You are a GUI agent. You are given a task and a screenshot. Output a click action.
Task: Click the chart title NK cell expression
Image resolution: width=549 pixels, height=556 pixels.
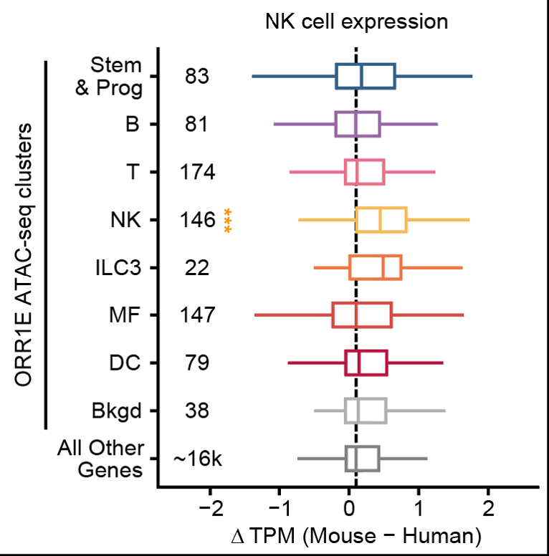(x=356, y=21)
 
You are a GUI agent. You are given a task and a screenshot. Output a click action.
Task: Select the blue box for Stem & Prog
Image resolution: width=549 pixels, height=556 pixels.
(x=366, y=77)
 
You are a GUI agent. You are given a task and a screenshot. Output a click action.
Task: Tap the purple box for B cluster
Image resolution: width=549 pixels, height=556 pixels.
(x=358, y=124)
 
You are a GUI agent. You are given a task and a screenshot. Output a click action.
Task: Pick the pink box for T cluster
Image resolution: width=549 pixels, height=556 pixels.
(x=365, y=172)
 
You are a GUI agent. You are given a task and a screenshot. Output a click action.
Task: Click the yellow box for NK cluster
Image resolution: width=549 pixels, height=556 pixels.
(x=381, y=220)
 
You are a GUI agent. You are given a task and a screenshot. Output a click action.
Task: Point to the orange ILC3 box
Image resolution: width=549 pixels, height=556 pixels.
(x=376, y=267)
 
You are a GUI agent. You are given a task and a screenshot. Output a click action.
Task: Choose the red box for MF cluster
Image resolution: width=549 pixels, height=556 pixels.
(x=362, y=315)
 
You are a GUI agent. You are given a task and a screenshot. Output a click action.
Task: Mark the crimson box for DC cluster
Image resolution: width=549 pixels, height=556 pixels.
(x=366, y=363)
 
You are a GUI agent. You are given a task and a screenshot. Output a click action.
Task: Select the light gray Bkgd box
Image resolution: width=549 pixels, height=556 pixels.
(x=366, y=411)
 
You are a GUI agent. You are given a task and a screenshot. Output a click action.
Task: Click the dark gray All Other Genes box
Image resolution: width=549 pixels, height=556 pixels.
(x=362, y=459)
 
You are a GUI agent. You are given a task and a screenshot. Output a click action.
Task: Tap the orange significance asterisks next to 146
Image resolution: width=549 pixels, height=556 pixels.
(x=227, y=220)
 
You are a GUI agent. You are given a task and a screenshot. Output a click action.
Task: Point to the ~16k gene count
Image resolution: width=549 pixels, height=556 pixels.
(x=198, y=459)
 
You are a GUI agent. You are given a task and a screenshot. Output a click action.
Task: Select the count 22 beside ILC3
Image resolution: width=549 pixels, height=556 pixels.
(x=196, y=267)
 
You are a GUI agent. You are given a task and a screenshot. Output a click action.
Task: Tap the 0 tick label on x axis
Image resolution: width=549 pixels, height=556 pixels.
(x=349, y=512)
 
